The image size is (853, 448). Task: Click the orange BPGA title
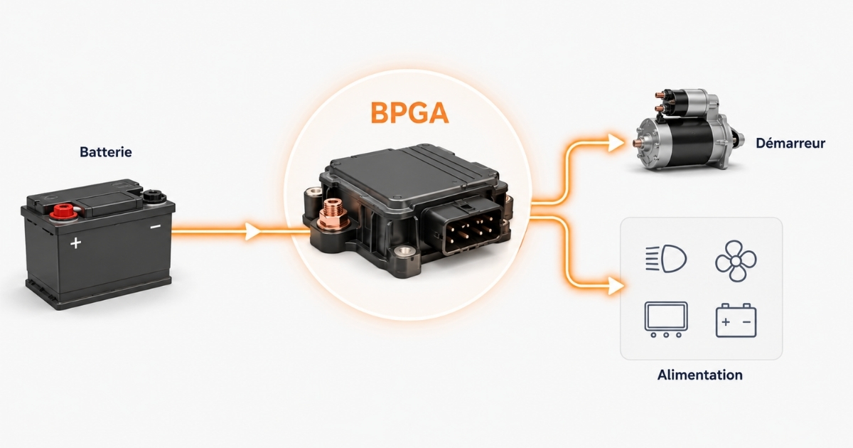(x=409, y=113)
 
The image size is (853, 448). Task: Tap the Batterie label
(x=106, y=152)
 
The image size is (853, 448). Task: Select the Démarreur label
(x=790, y=143)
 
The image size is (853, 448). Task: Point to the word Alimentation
(x=700, y=375)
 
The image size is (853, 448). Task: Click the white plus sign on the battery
(x=76, y=242)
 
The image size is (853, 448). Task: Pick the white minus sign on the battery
(x=156, y=227)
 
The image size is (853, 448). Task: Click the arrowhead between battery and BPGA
(x=252, y=231)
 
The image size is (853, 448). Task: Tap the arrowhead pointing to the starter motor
(x=616, y=143)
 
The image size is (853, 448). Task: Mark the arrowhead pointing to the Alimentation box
(x=616, y=286)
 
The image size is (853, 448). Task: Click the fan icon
(x=736, y=261)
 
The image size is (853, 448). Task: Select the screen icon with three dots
(x=666, y=319)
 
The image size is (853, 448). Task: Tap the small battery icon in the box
(x=736, y=321)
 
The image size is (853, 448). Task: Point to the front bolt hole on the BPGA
(x=404, y=252)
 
